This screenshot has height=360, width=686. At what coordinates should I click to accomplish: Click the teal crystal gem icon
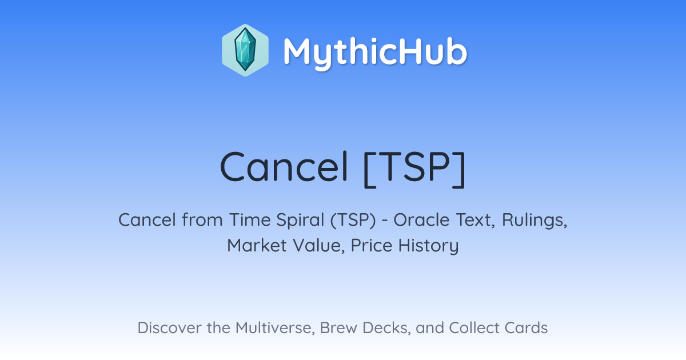[245, 50]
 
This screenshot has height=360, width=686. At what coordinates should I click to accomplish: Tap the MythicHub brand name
[375, 53]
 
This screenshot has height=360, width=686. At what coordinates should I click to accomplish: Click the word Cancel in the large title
[284, 167]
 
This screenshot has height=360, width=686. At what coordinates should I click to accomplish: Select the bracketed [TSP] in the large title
[414, 169]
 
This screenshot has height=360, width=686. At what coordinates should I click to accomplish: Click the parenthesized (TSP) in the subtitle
[353, 220]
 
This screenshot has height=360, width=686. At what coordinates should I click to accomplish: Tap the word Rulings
[535, 221]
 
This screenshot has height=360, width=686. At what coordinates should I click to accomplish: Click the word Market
[257, 246]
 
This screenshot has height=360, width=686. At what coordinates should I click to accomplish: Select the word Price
[372, 246]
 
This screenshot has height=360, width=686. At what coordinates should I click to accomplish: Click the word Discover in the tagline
[169, 327]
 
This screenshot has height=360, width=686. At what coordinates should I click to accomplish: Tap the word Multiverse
[275, 328]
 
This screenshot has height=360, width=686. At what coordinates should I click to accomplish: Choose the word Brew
[338, 327]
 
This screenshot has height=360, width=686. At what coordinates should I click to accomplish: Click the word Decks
[386, 328]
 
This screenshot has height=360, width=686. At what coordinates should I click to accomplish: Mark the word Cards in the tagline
[526, 327]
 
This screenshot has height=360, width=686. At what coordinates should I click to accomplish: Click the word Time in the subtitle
[250, 220]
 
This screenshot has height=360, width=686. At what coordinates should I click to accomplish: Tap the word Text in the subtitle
[476, 221]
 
